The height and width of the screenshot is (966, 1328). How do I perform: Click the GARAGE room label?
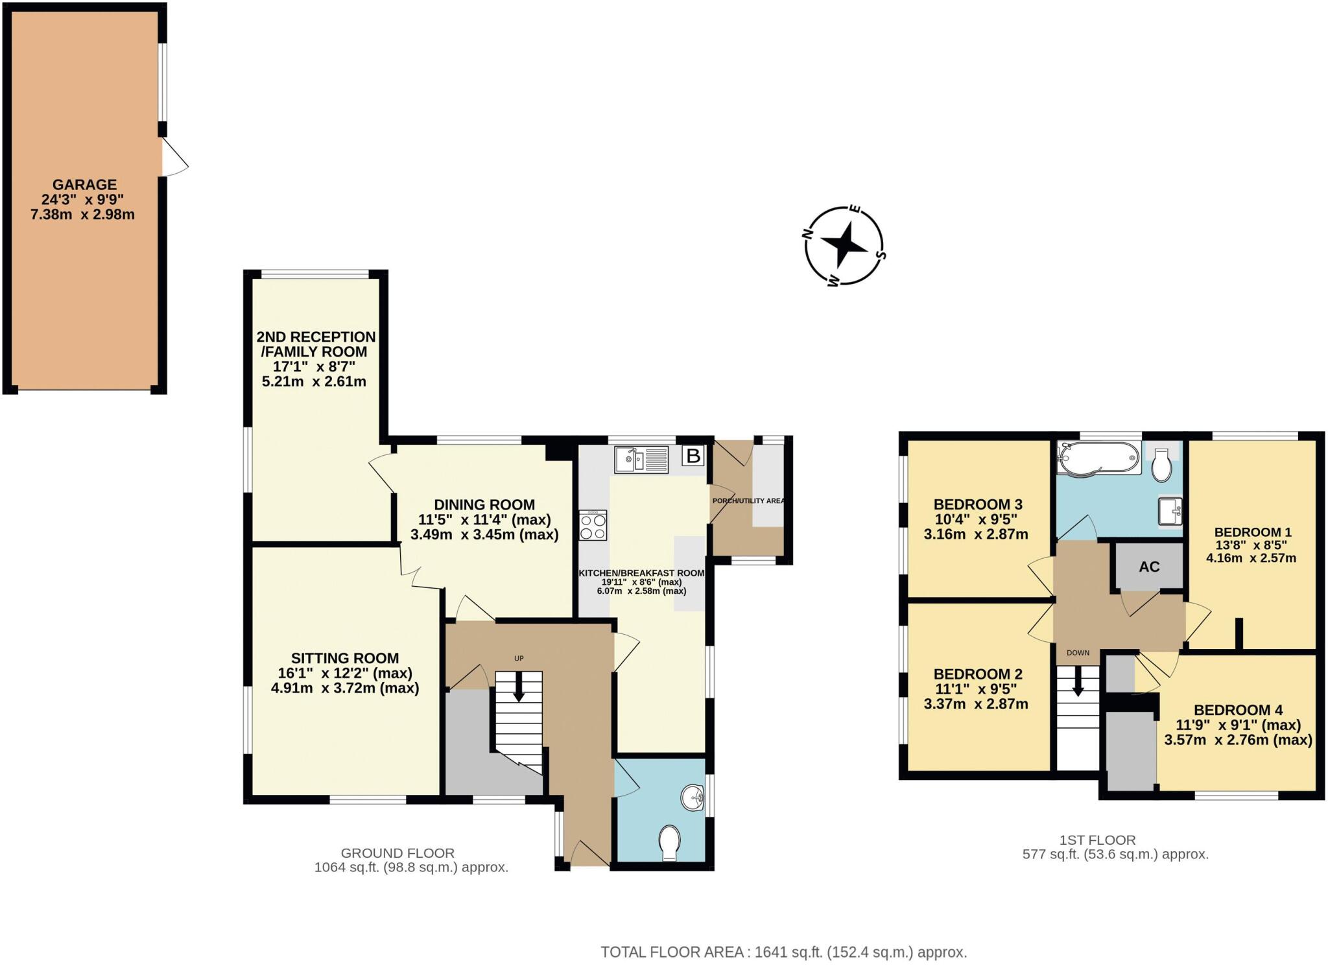tap(84, 185)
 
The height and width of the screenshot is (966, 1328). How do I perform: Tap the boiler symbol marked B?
tap(693, 456)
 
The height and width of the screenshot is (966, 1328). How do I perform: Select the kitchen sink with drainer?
tap(641, 460)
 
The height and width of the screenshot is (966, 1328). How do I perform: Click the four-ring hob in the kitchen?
tap(593, 525)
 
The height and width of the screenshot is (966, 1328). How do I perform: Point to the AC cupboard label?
tap(1149, 567)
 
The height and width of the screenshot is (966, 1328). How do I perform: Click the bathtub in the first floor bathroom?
tap(1098, 458)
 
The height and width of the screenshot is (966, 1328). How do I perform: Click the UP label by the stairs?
tap(519, 658)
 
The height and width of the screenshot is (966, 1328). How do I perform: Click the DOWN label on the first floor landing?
tap(1078, 653)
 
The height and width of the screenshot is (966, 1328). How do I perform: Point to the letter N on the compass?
tap(808, 234)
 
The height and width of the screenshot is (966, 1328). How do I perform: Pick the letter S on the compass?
tap(880, 255)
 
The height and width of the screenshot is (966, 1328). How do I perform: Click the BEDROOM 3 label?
tap(977, 504)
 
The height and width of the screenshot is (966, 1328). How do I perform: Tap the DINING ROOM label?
tap(484, 504)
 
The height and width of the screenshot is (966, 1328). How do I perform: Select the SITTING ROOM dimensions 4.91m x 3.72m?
tap(344, 688)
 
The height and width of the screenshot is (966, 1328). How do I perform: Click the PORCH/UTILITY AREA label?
tap(748, 501)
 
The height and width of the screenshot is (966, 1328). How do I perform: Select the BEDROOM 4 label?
tap(1238, 710)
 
